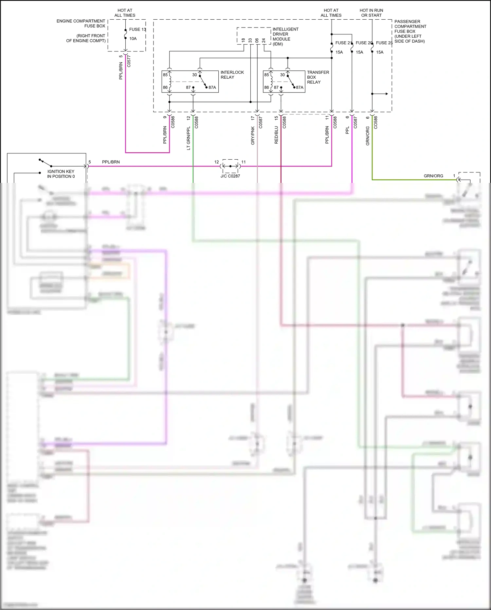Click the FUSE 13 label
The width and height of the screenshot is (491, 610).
[137, 30]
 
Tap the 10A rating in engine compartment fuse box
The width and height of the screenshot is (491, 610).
[133, 39]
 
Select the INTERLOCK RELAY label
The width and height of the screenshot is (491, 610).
[232, 75]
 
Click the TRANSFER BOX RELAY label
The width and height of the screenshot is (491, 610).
[318, 77]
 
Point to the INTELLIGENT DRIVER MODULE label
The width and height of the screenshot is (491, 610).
[285, 36]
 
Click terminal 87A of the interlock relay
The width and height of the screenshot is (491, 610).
[212, 88]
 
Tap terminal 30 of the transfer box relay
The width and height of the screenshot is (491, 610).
[282, 75]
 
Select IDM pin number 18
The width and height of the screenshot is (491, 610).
[243, 40]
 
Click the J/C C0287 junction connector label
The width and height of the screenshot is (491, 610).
[230, 176]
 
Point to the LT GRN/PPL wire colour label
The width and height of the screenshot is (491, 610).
[189, 138]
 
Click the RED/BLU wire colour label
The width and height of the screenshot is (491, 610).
[276, 135]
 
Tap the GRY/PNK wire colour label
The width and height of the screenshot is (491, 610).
[253, 135]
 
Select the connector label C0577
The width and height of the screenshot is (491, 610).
[129, 61]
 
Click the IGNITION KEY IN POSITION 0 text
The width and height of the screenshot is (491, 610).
[61, 174]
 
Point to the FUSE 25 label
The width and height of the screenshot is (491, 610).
[384, 43]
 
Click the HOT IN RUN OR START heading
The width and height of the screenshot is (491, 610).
[371, 13]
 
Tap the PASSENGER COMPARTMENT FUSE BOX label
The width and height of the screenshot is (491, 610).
[410, 27]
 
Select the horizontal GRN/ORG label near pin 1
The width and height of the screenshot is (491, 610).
[433, 176]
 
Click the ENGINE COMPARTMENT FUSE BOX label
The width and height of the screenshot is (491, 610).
[81, 23]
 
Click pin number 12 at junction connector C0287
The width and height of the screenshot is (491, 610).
[216, 162]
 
